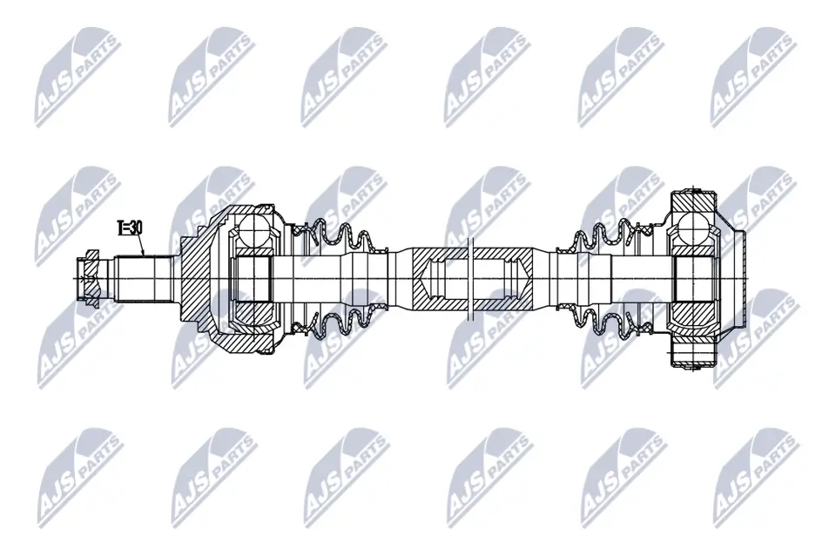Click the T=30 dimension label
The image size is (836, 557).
point(130,228)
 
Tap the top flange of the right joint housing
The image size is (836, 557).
point(695,200)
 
